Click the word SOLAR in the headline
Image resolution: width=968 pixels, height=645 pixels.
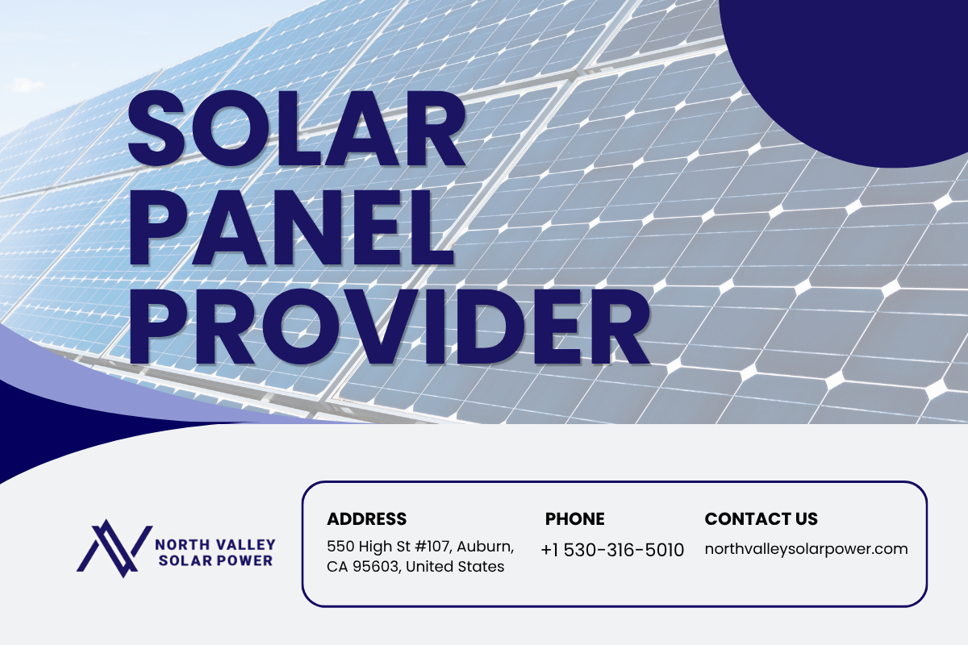(x=297, y=128)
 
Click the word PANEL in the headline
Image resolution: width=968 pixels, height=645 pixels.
(x=290, y=227)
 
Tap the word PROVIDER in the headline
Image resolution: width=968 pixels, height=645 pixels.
(x=389, y=327)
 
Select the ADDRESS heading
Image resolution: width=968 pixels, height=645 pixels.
(x=366, y=519)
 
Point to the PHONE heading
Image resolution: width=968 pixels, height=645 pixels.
(x=574, y=519)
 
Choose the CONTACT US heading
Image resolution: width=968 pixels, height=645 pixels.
(x=761, y=519)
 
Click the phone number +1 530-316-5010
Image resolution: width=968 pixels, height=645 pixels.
(x=612, y=550)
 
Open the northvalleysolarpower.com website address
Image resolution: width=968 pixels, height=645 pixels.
(x=806, y=549)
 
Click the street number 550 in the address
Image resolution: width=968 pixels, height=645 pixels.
(x=340, y=547)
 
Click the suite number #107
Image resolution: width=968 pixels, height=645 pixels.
(x=433, y=547)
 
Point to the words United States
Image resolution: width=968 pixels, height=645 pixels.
(x=455, y=566)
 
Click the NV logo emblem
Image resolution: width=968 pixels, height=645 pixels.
(x=115, y=548)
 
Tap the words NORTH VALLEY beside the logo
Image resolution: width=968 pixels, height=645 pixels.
(x=215, y=545)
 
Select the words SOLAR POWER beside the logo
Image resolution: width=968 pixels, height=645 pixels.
(x=215, y=561)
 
